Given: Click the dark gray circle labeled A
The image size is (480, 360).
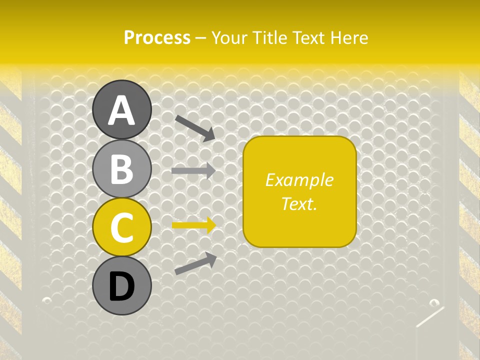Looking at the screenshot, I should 121,109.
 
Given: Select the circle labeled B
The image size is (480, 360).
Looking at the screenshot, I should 121,168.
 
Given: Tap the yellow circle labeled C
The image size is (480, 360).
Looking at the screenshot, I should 121,227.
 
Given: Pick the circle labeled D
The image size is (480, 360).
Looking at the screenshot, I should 121,286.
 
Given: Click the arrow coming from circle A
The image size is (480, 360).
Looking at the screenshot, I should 195,127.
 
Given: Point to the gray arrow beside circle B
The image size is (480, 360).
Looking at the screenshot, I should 193,170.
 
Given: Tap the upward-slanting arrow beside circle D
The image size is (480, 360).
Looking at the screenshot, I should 195,263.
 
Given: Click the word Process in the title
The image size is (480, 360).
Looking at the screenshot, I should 157,37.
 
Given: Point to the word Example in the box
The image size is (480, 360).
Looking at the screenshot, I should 299,180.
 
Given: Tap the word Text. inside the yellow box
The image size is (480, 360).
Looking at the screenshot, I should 299,203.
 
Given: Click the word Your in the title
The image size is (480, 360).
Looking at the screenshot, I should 229,37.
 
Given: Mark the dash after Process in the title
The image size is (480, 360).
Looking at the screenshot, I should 201,38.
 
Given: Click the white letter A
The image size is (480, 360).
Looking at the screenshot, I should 121,110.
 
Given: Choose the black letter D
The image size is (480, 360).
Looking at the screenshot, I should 121,286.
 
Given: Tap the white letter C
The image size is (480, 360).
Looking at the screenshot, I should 121,228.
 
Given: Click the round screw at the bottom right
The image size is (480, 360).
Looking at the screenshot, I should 434,302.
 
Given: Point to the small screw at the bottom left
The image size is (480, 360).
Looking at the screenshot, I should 46,300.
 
